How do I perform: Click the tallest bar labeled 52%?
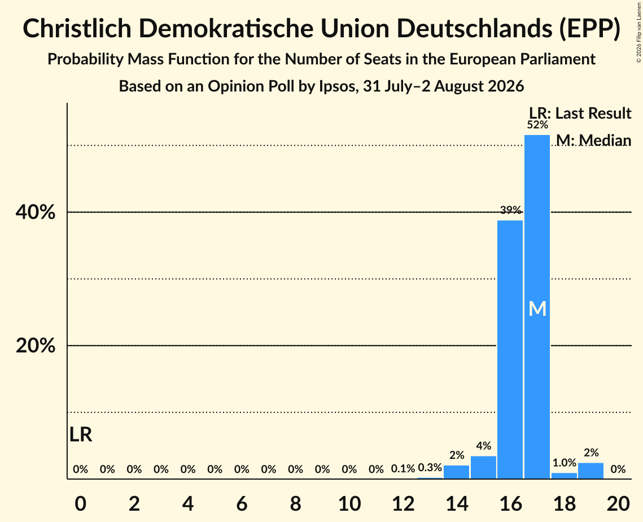click(x=537, y=307)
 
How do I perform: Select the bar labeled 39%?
click(x=510, y=350)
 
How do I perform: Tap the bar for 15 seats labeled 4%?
click(x=483, y=467)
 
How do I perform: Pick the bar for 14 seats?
click(x=456, y=472)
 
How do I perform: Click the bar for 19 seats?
click(x=591, y=471)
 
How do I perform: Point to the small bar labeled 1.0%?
click(x=565, y=476)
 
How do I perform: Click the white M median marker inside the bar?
click(x=537, y=309)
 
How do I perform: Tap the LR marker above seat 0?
click(x=81, y=434)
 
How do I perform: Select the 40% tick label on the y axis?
click(x=35, y=212)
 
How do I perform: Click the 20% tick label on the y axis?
click(x=35, y=346)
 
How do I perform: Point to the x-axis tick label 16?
click(x=510, y=504)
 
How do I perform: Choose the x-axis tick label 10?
click(x=349, y=504)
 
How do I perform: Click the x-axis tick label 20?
click(x=618, y=504)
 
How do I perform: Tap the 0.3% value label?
click(x=430, y=467)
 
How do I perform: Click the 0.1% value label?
click(x=403, y=469)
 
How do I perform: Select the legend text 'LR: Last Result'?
click(x=580, y=113)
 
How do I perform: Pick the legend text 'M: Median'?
click(x=594, y=140)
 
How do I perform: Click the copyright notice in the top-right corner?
click(x=638, y=32)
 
